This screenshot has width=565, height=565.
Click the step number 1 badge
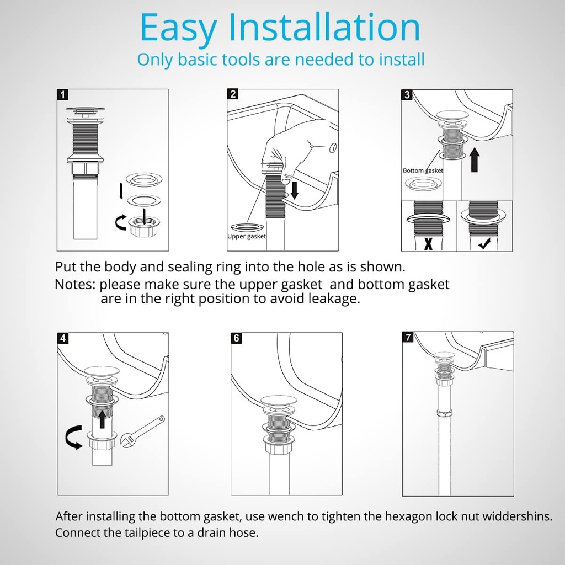click(62, 95)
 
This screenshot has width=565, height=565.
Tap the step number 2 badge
click(233, 94)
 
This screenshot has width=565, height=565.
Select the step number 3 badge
click(407, 95)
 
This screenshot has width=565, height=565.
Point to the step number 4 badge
click(63, 338)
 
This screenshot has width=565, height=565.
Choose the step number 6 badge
click(236, 338)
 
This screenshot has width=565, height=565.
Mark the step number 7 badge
click(408, 337)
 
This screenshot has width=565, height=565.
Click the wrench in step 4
click(143, 432)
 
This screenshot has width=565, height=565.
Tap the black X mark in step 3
click(428, 243)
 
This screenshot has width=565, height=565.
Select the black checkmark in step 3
click(484, 244)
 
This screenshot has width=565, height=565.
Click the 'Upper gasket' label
click(247, 236)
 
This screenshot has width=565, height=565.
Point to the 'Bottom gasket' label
click(423, 170)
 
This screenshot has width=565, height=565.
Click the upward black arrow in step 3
click(475, 161)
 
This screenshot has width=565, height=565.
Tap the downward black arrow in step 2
click(295, 190)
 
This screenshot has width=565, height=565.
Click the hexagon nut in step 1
click(144, 227)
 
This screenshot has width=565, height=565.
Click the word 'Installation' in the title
click(324, 28)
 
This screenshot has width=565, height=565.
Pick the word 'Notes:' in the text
click(75, 284)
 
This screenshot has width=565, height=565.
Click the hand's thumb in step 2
click(287, 178)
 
